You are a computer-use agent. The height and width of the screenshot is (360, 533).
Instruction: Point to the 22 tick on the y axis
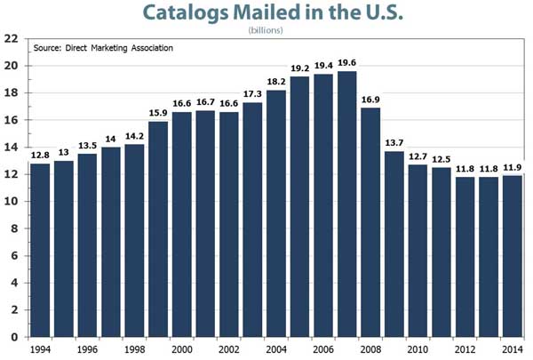click(x=12, y=38)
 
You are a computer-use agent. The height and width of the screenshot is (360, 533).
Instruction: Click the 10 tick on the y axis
click(x=12, y=201)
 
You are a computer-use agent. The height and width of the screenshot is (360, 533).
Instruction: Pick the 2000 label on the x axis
click(x=180, y=349)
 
